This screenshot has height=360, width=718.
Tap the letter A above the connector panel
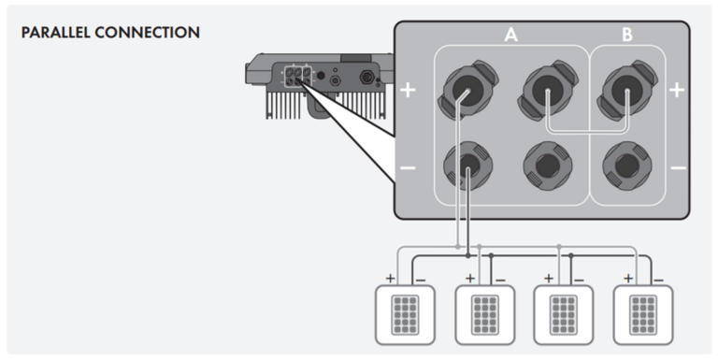510,35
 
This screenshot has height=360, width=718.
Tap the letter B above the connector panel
627,35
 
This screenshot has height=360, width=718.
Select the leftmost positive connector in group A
468,90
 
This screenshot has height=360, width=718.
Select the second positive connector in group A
548,90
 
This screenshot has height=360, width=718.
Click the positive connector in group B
627,90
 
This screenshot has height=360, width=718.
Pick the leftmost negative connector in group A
468,166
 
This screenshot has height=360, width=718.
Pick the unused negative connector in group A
548,166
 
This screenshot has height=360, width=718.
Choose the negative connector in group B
627,166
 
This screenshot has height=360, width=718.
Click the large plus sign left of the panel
408,90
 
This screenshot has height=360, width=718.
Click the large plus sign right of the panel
677,90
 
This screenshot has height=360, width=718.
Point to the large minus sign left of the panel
408,168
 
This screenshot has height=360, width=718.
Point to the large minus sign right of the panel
678,168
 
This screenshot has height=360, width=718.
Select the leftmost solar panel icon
405,315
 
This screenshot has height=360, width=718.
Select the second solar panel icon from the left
485,315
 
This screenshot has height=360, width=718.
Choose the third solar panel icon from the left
563,315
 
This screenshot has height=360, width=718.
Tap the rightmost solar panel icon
643,315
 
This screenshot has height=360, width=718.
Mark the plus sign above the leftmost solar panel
390,278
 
